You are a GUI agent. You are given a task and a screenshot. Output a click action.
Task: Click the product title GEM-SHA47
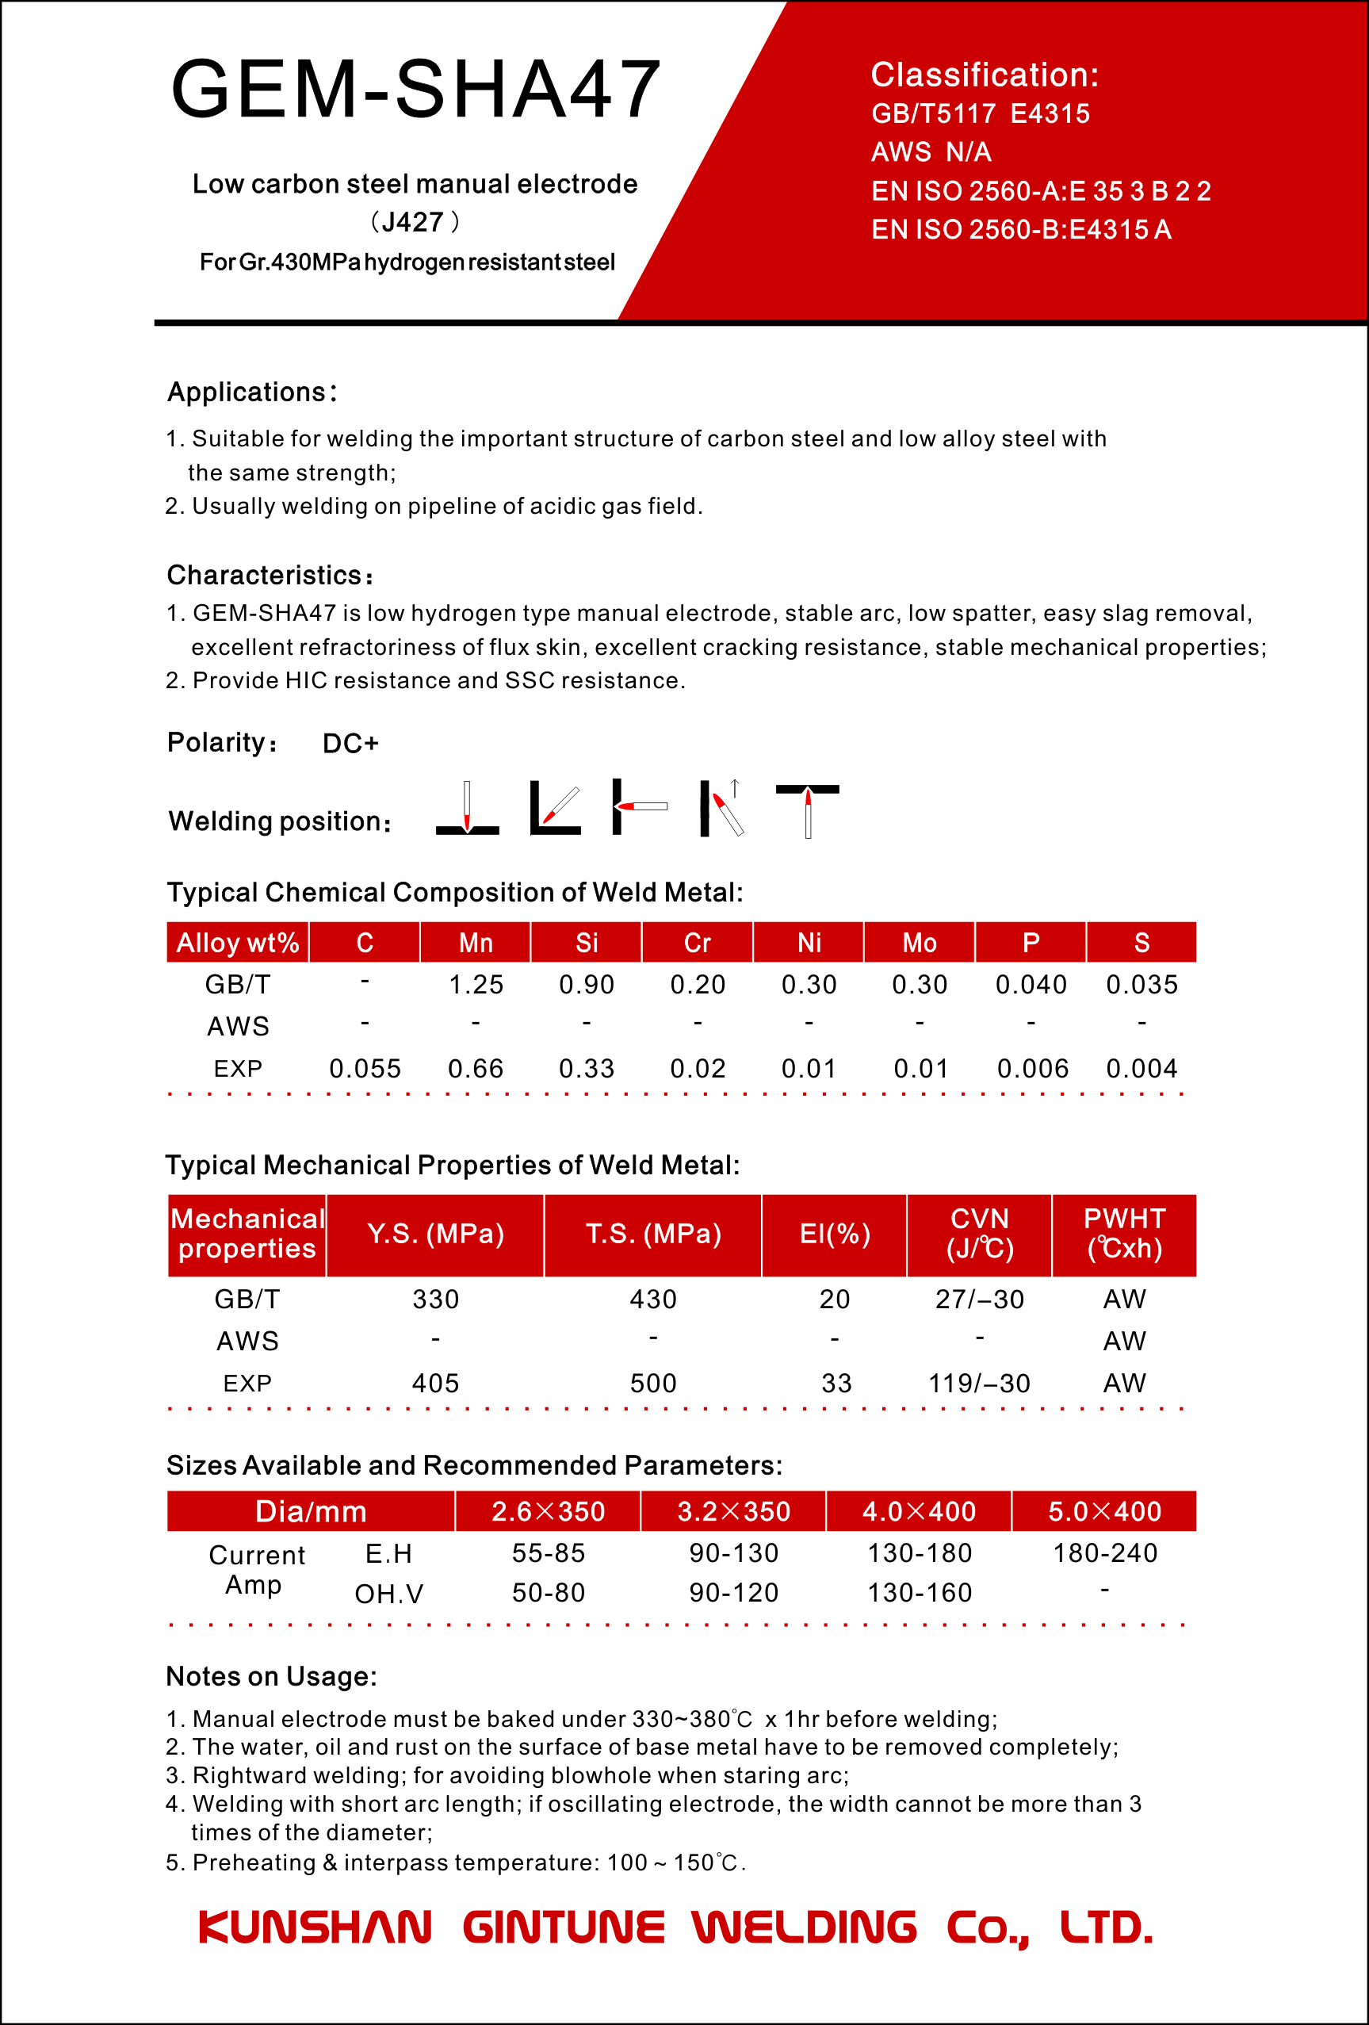pyautogui.click(x=415, y=89)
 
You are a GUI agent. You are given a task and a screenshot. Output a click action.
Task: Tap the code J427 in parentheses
pyautogui.click(x=414, y=222)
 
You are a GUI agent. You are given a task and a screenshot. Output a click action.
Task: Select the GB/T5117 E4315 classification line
pyautogui.click(x=981, y=114)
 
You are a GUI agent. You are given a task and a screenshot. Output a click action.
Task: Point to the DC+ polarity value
pyautogui.click(x=350, y=743)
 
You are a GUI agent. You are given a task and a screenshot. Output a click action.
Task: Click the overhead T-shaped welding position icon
pyautogui.click(x=808, y=809)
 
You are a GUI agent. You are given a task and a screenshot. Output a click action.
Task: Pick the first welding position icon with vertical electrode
pyautogui.click(x=467, y=808)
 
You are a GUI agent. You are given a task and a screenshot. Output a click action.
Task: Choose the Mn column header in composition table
pyautogui.click(x=476, y=943)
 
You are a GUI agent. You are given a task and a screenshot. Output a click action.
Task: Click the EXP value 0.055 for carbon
pyautogui.click(x=365, y=1068)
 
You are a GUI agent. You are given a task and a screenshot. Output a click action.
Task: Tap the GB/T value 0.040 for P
pyautogui.click(x=1031, y=985)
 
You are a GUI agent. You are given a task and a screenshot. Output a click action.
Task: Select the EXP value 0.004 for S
pyautogui.click(x=1141, y=1068)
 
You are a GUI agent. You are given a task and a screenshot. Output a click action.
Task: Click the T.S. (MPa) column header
pyautogui.click(x=652, y=1234)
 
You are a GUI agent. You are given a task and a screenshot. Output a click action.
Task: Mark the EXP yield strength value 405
pyautogui.click(x=436, y=1383)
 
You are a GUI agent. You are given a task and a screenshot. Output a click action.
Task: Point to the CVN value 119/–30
pyautogui.click(x=980, y=1383)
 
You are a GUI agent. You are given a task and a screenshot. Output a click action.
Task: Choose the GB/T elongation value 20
pyautogui.click(x=834, y=1300)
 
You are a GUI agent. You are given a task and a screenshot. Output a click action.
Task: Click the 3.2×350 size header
pyautogui.click(x=734, y=1511)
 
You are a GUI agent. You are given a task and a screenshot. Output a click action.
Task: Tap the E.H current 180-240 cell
pyautogui.click(x=1105, y=1552)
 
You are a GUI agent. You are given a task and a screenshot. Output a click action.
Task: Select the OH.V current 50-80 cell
pyautogui.click(x=548, y=1593)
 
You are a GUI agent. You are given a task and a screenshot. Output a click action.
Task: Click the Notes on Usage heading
pyautogui.click(x=271, y=1676)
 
